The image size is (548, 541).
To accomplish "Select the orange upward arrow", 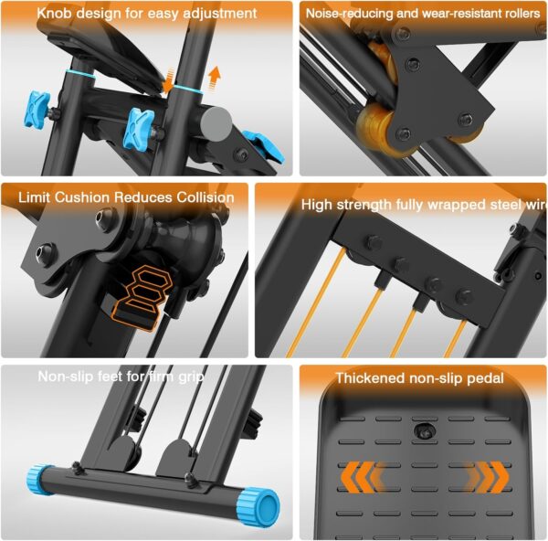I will click(214, 74).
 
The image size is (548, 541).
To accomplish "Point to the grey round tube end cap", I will click(220, 122).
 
